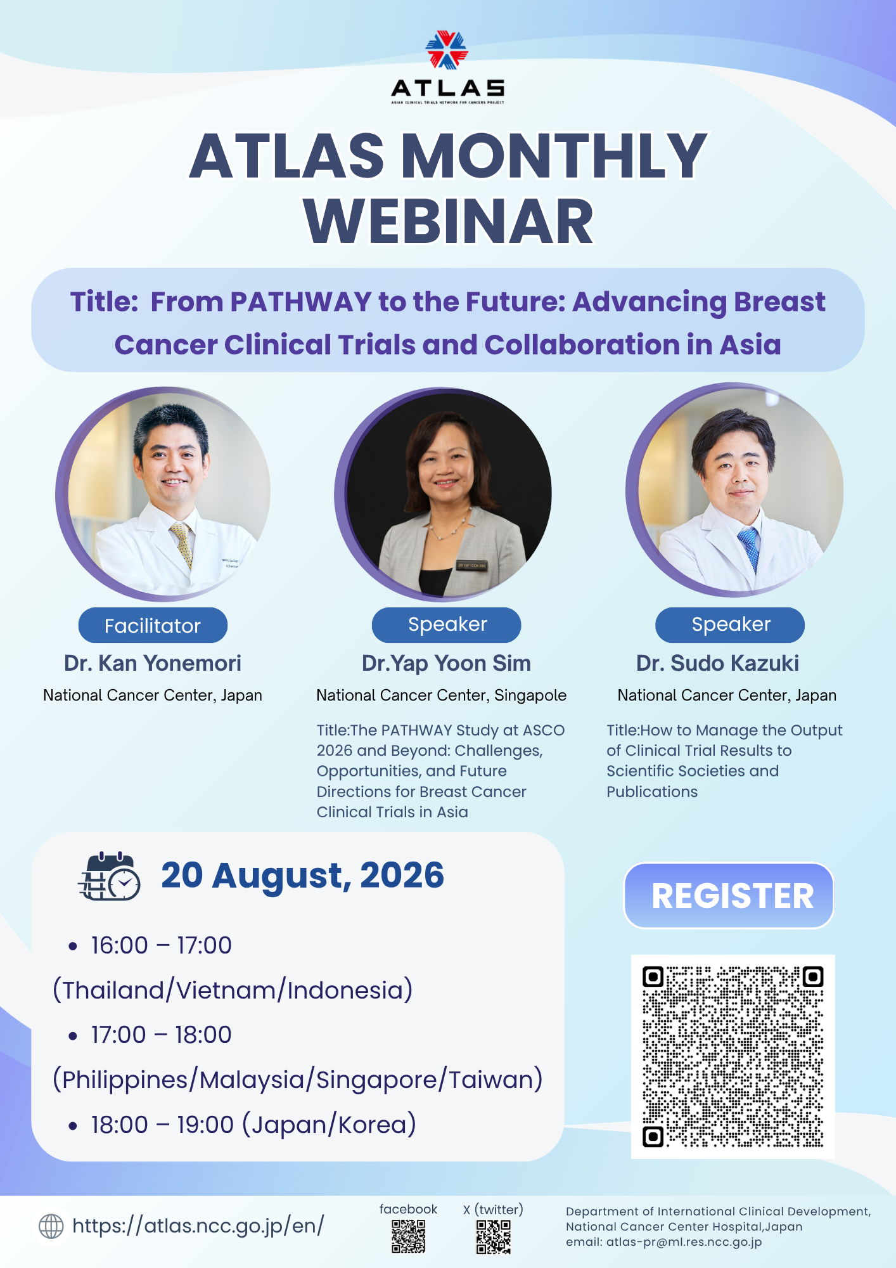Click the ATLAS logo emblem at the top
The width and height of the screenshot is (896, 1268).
pyautogui.click(x=447, y=50)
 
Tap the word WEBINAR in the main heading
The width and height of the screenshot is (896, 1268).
pyautogui.click(x=449, y=221)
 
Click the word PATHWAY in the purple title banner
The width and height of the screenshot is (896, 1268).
pyautogui.click(x=300, y=302)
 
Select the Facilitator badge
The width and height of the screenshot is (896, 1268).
pyautogui.click(x=153, y=626)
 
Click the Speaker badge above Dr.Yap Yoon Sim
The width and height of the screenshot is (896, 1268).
pyautogui.click(x=447, y=624)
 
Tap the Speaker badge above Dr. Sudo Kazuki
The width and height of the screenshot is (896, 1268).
pyautogui.click(x=730, y=624)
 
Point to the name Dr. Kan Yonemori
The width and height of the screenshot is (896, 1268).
pyautogui.click(x=153, y=663)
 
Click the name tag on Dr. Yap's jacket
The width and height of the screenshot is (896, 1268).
pyautogui.click(x=472, y=565)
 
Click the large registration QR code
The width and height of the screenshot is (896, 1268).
pyautogui.click(x=733, y=1056)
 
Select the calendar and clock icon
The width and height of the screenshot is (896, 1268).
pyautogui.click(x=109, y=876)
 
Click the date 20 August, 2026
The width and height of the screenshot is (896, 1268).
pyautogui.click(x=303, y=876)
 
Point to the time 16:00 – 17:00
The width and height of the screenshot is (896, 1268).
pyautogui.click(x=161, y=945)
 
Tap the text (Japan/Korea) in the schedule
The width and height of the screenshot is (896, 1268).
pyautogui.click(x=329, y=1125)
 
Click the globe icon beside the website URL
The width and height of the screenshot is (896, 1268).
pyautogui.click(x=51, y=1226)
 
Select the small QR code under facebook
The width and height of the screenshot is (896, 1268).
pyautogui.click(x=408, y=1236)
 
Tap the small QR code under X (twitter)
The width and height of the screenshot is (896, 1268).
pyautogui.click(x=493, y=1237)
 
